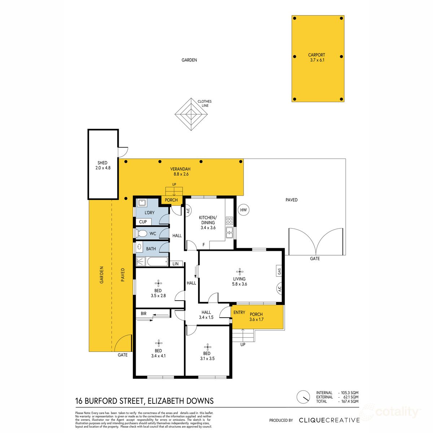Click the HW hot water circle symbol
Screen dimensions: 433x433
[x=244, y=210]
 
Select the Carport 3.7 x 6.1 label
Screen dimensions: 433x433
[x=317, y=58]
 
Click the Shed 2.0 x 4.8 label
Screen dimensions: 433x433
[x=102, y=165]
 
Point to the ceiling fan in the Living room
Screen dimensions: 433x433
[x=239, y=271]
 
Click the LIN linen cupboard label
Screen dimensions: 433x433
[x=176, y=264]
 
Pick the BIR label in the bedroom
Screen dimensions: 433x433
[x=144, y=314]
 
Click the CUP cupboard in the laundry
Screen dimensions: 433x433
[x=143, y=222]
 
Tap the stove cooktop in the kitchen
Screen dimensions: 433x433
[x=229, y=220]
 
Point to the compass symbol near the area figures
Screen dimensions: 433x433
[x=303, y=397]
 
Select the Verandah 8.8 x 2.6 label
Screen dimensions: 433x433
[x=180, y=171]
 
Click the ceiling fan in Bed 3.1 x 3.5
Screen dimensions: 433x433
[x=207, y=346]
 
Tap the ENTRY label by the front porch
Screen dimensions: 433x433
[x=239, y=312]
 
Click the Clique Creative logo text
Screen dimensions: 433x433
[x=329, y=420]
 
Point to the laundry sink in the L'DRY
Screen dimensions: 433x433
[x=141, y=203]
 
